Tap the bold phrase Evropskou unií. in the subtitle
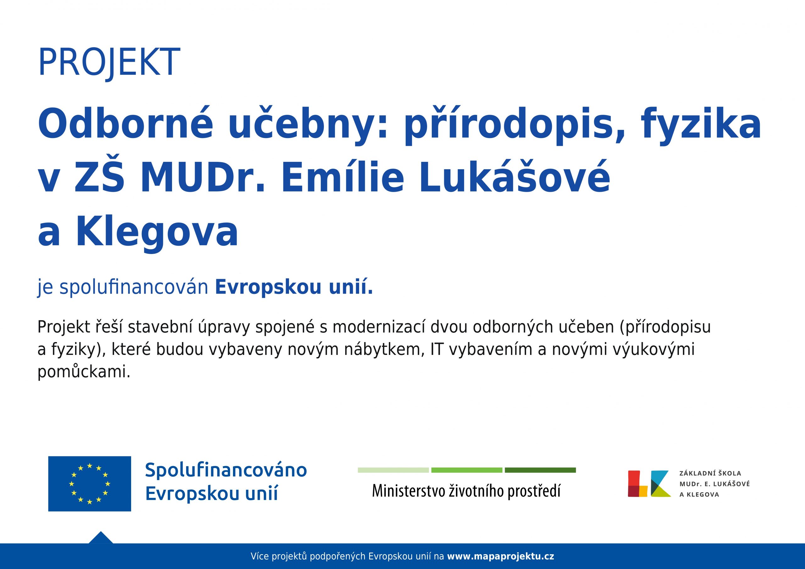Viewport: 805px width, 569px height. [294, 287]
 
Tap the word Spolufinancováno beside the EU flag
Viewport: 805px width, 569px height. [226, 470]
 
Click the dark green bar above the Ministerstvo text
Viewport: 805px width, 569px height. [540, 470]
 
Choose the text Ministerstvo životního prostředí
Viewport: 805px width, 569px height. [466, 491]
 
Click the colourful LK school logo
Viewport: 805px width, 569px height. [649, 483]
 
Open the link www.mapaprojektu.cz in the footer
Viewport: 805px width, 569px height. [501, 556]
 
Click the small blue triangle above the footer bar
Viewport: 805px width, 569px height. [101, 538]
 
